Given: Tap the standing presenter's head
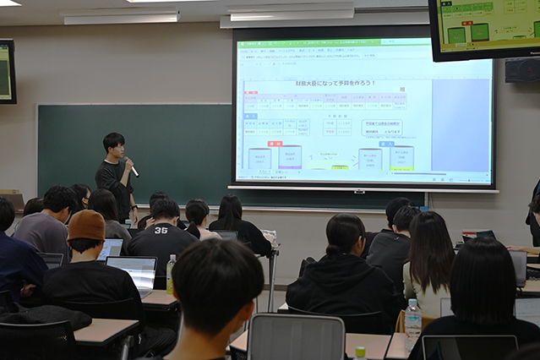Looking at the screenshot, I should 113,143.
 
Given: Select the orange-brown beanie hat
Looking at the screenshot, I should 86,225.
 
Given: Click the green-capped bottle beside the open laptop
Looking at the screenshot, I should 171,274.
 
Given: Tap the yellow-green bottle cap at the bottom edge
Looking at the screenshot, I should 360,352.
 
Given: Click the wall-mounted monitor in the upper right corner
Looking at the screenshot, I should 486,27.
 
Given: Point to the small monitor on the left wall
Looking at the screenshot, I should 7,71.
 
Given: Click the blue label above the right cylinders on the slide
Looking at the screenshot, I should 386,144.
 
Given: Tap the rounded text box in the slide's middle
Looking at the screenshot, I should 381,127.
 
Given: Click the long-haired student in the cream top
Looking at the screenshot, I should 428,262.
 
